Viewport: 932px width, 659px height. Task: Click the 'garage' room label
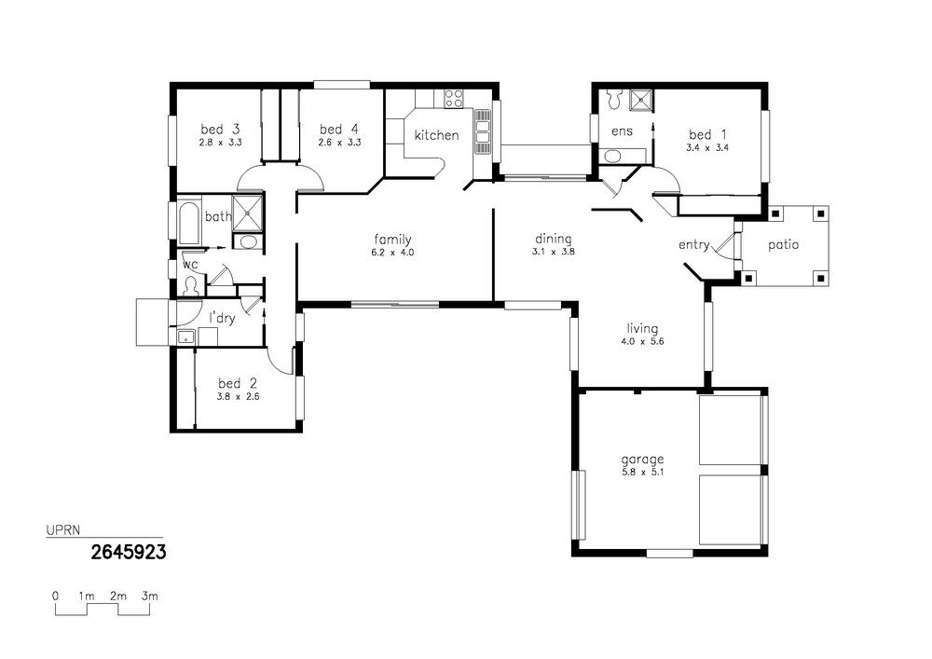(x=642, y=460)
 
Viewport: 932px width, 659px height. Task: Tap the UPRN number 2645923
(x=129, y=553)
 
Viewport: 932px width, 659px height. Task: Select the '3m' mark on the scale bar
(x=149, y=596)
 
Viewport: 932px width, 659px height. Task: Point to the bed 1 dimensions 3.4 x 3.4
(x=707, y=148)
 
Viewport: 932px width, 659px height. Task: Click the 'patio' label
(x=783, y=245)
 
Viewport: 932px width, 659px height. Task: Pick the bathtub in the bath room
(x=188, y=224)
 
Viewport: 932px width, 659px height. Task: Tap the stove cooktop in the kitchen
(x=454, y=98)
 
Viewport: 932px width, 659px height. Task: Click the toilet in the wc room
(x=191, y=285)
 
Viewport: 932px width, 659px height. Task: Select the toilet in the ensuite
(x=614, y=99)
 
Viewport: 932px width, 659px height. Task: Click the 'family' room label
(x=392, y=240)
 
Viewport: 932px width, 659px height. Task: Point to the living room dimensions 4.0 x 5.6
(x=642, y=342)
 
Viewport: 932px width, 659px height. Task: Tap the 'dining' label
(x=554, y=239)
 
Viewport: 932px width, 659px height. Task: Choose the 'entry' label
(x=694, y=245)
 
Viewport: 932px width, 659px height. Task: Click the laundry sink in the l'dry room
(x=186, y=337)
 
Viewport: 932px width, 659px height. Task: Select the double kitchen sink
(x=482, y=132)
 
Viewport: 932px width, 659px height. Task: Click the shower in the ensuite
(x=641, y=101)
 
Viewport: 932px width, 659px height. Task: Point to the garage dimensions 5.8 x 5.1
(x=642, y=473)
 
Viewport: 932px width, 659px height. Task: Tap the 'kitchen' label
(x=436, y=135)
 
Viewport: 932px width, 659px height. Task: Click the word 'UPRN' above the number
(x=63, y=530)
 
